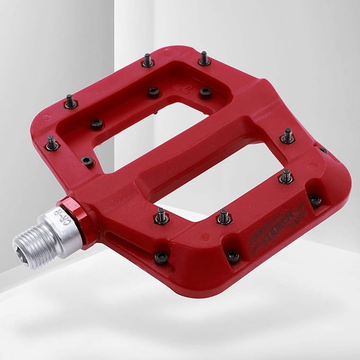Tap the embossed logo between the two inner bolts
pos(179,85)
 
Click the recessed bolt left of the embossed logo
pos(153,92)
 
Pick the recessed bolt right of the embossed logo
pos(205,92)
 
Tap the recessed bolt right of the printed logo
pos(315,200)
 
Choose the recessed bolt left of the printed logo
pos(232,256)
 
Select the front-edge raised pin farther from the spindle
pos(224,216)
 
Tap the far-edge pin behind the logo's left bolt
pos(148,60)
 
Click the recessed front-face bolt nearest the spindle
pos(161,257)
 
